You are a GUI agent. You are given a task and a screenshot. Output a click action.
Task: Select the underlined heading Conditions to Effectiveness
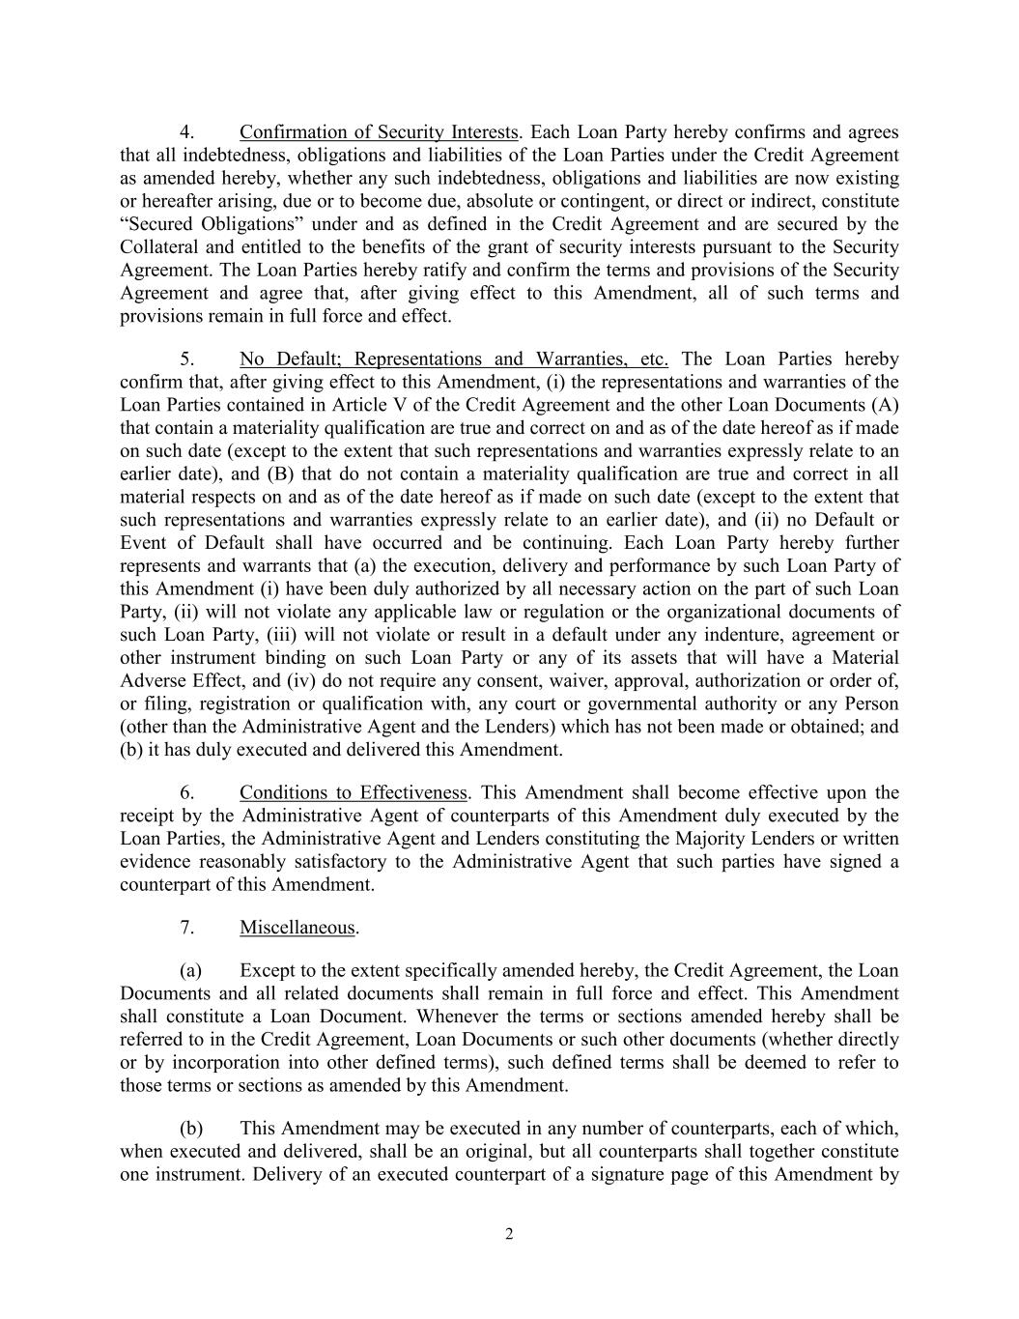354,793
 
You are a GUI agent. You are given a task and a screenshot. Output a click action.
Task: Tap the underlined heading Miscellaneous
297,928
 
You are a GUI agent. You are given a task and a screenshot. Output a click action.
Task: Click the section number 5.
187,359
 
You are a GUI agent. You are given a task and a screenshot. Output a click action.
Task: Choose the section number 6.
187,793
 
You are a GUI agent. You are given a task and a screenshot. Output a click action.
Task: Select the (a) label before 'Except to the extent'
190,970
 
